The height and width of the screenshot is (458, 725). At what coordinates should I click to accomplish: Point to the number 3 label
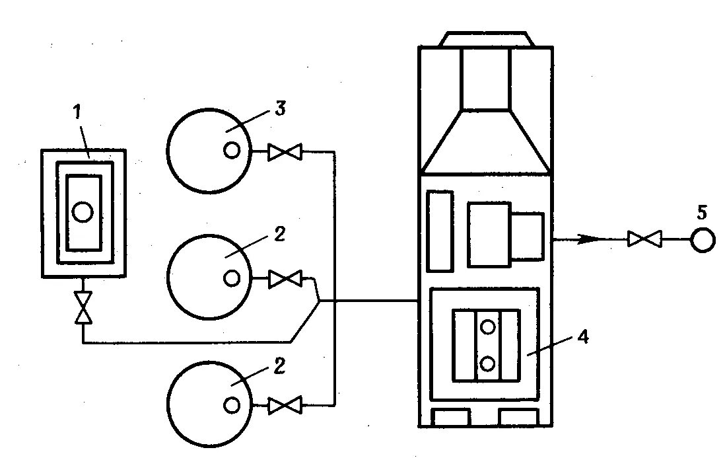(x=280, y=110)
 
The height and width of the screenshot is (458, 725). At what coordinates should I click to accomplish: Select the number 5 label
(x=702, y=213)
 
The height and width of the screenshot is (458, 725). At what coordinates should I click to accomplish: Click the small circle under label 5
(x=703, y=240)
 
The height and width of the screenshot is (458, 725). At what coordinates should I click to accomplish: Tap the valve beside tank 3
(x=285, y=153)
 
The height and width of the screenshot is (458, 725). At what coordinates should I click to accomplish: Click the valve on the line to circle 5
(x=644, y=239)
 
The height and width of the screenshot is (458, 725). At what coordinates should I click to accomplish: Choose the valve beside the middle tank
(x=285, y=280)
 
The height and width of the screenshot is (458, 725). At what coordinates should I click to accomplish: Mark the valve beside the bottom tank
(x=285, y=405)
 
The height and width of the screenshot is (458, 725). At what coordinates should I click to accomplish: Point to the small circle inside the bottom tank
(x=232, y=404)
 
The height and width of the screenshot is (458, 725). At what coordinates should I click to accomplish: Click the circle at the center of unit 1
(x=83, y=211)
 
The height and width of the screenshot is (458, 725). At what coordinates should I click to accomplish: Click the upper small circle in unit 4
(x=488, y=326)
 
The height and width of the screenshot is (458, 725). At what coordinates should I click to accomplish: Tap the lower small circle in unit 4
(x=488, y=363)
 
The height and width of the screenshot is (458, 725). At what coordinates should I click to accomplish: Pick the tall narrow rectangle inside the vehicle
(x=440, y=230)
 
